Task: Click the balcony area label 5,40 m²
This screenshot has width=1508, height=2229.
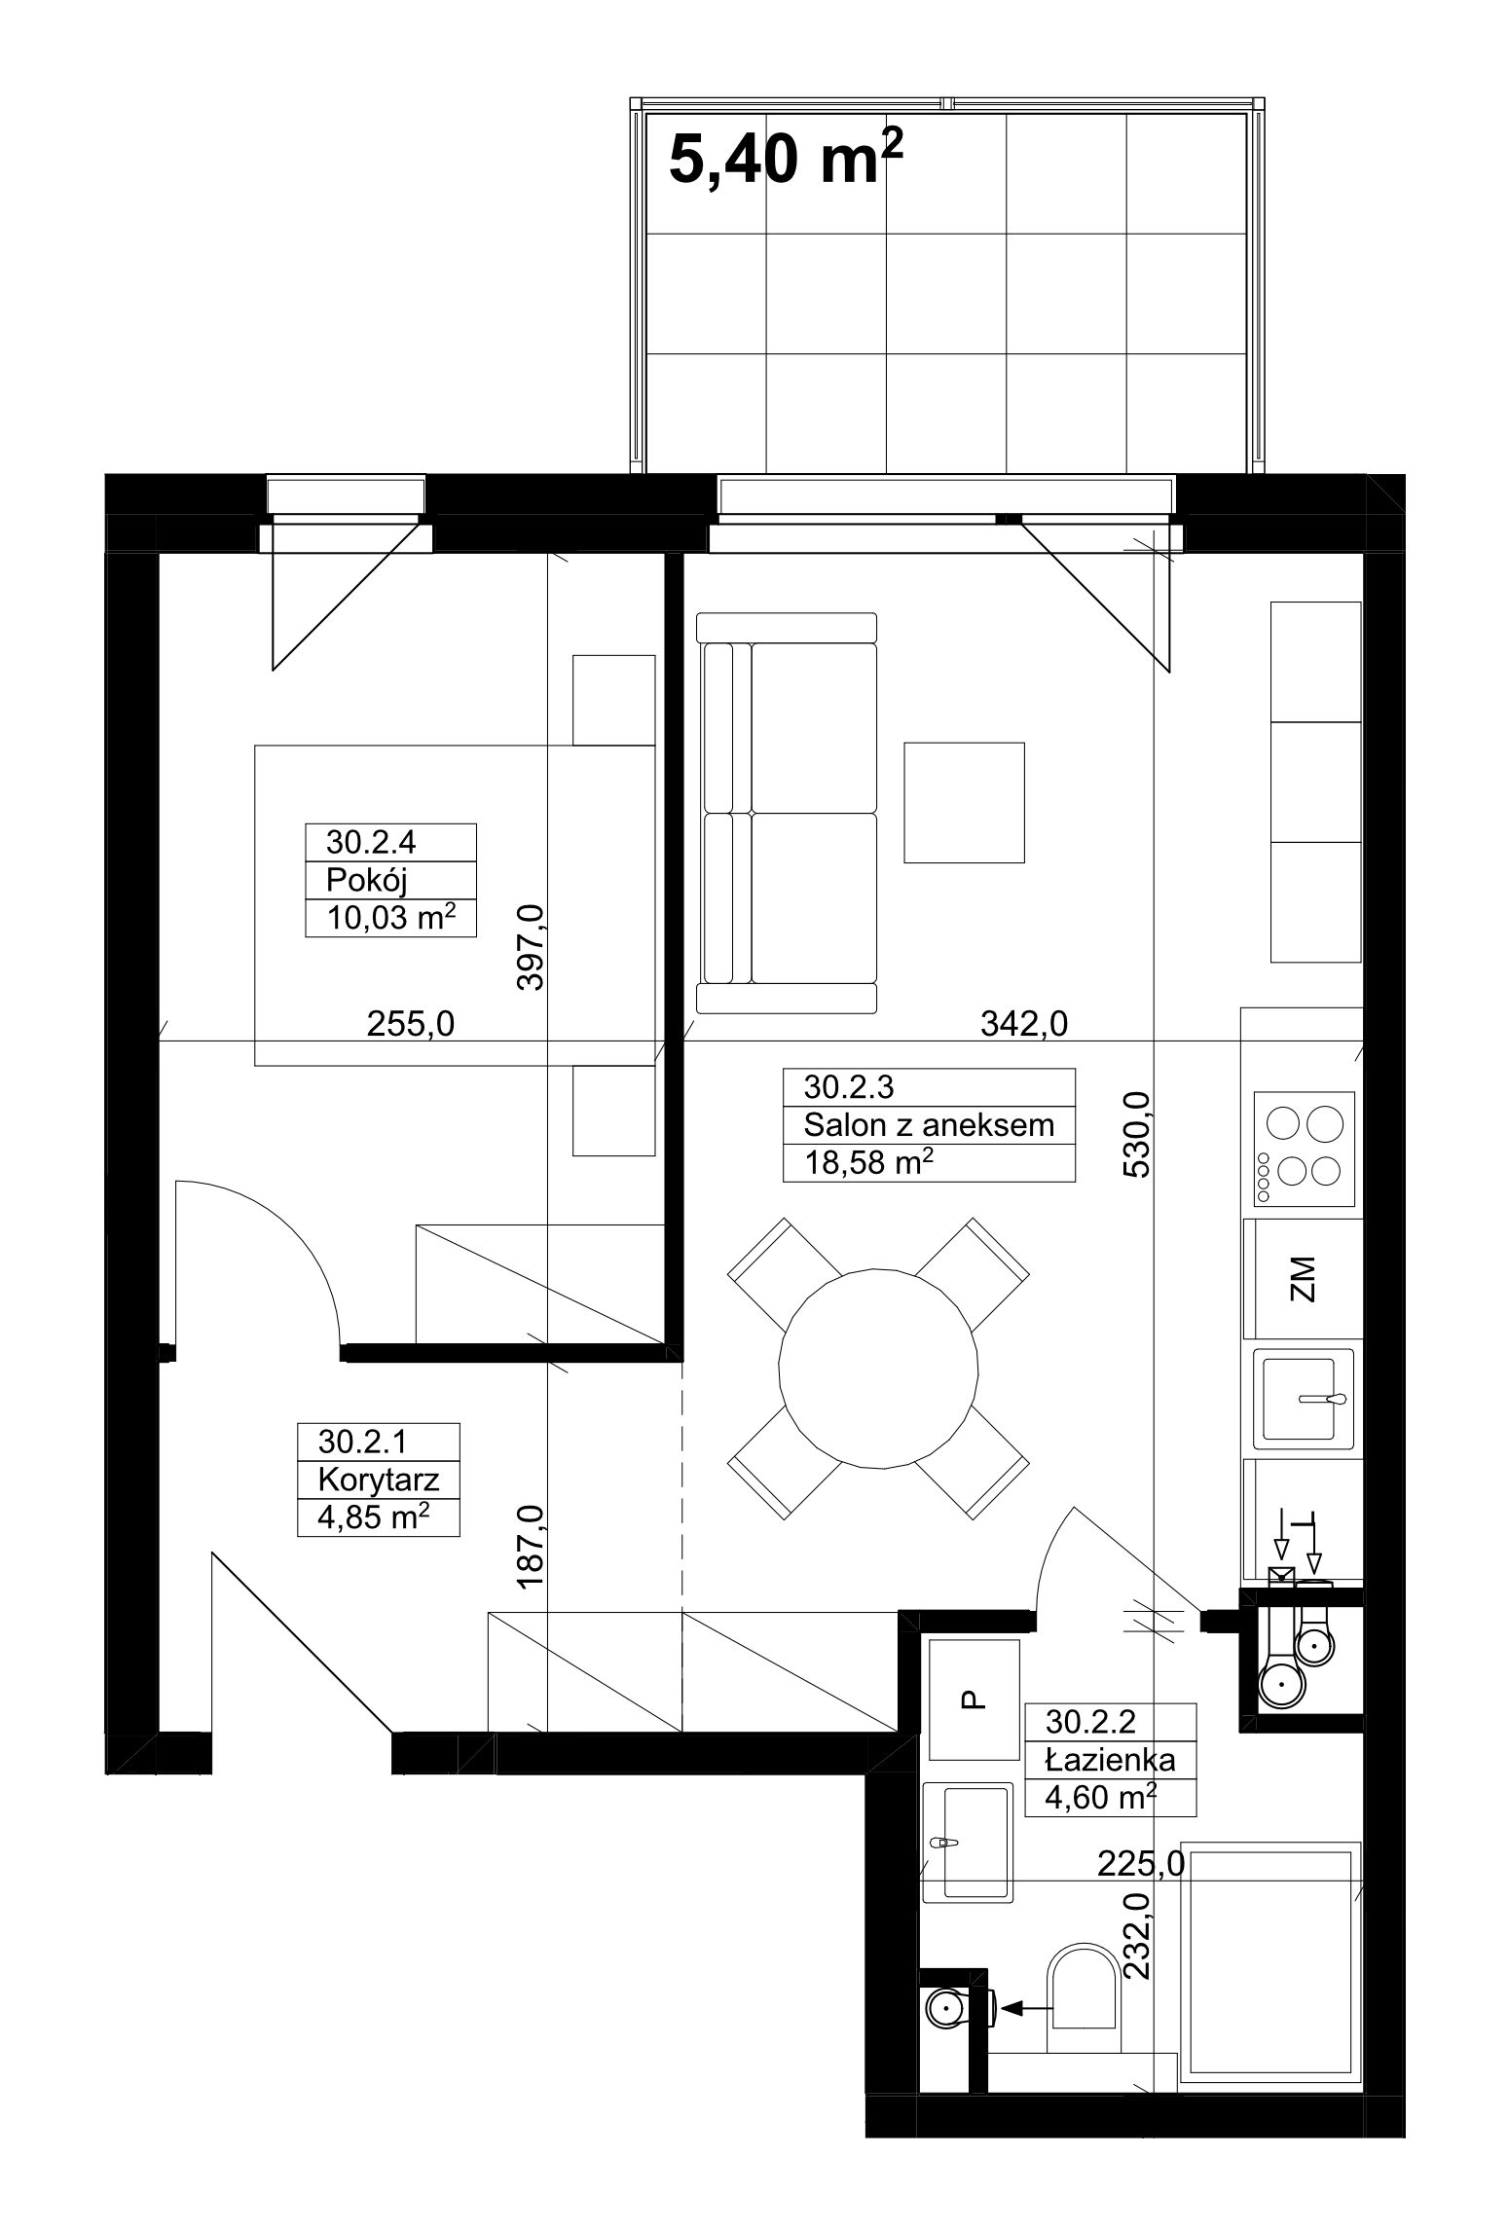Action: pyautogui.click(x=786, y=160)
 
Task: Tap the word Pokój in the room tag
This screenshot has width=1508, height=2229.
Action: pyautogui.click(x=366, y=880)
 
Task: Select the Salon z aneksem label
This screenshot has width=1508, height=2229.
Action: pyautogui.click(x=929, y=1125)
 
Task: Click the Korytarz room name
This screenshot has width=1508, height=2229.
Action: pyautogui.click(x=379, y=1480)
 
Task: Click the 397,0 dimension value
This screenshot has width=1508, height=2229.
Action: pyautogui.click(x=532, y=947)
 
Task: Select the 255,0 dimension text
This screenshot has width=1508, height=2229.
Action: pyautogui.click(x=411, y=1023)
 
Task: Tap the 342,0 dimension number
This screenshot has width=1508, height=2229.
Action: pyautogui.click(x=1024, y=1023)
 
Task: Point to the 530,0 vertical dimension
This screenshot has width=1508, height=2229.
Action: pyautogui.click(x=1137, y=1135)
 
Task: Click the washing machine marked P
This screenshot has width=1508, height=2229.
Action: pyautogui.click(x=975, y=1699)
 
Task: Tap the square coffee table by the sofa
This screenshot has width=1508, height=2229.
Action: pyautogui.click(x=964, y=803)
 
